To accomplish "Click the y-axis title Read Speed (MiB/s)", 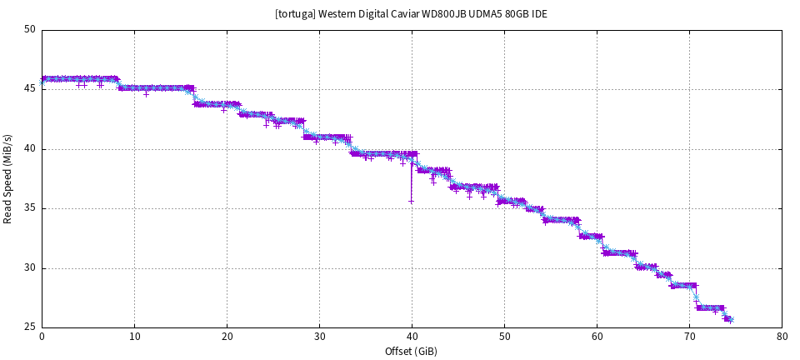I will [8, 178].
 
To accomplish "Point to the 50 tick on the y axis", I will [30, 30].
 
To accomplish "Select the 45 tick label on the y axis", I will [30, 89].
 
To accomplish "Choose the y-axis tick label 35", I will [30, 208].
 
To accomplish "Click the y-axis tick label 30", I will [30, 268].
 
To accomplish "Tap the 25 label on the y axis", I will [30, 327].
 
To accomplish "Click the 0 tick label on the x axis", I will [42, 337].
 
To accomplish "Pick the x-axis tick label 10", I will [134, 337].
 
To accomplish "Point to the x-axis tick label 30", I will [319, 337].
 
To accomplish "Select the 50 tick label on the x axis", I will [504, 337].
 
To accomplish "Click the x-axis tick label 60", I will [597, 337].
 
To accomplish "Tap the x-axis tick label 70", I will [689, 337].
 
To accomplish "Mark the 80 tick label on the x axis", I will [782, 337].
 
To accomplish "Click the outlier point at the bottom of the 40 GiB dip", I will [411, 201].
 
